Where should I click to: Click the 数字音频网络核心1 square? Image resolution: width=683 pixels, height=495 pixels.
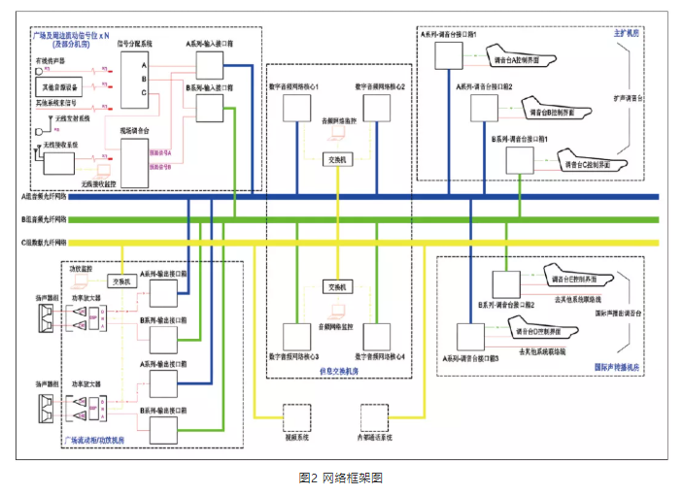tap(296, 108)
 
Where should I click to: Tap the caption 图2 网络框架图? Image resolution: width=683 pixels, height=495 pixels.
tap(341, 478)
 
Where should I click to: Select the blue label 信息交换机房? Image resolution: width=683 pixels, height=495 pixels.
tap(336, 370)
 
